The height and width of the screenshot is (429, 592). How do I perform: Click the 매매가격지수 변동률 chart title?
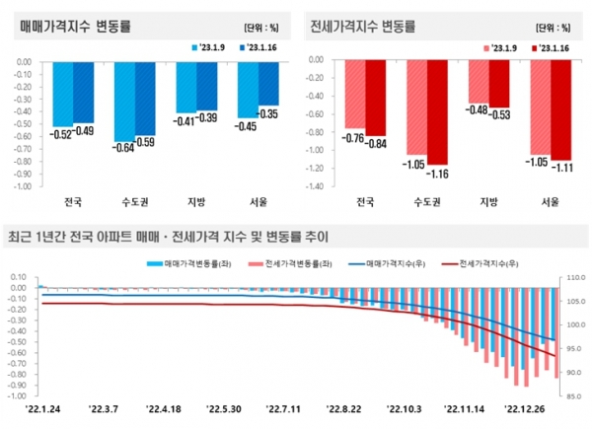[70, 23]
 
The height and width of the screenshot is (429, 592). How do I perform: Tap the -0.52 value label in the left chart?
[63, 133]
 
